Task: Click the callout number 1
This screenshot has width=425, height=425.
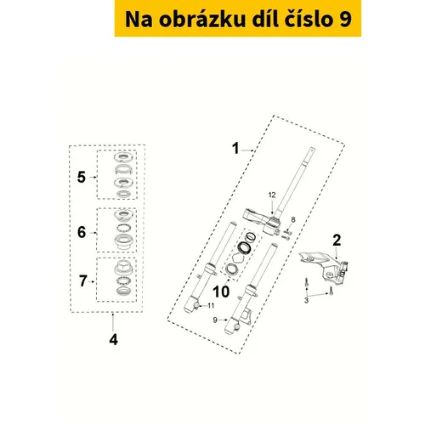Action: point(235,149)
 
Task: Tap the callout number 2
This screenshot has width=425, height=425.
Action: point(337,241)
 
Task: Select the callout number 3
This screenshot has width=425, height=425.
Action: point(306,300)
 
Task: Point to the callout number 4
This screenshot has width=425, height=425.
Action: point(113,339)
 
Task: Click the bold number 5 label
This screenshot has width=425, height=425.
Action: point(82,178)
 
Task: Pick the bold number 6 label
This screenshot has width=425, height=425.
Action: point(82,232)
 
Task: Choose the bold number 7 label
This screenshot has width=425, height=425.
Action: point(82,280)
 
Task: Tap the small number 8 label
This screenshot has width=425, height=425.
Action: point(293,219)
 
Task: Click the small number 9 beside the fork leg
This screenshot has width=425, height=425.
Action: point(215,320)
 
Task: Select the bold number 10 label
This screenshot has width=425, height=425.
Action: point(221,292)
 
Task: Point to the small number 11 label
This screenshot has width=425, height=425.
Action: point(211,305)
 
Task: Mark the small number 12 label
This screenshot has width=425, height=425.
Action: point(272,195)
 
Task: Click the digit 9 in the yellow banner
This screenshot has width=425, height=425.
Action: point(345,20)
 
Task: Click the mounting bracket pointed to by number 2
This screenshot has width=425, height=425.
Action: point(326,266)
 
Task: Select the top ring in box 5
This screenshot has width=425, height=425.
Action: point(122,156)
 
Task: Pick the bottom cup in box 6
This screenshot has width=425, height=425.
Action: point(124,242)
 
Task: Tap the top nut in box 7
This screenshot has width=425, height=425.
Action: point(124,268)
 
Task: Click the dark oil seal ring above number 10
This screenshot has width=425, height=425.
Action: point(244,247)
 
